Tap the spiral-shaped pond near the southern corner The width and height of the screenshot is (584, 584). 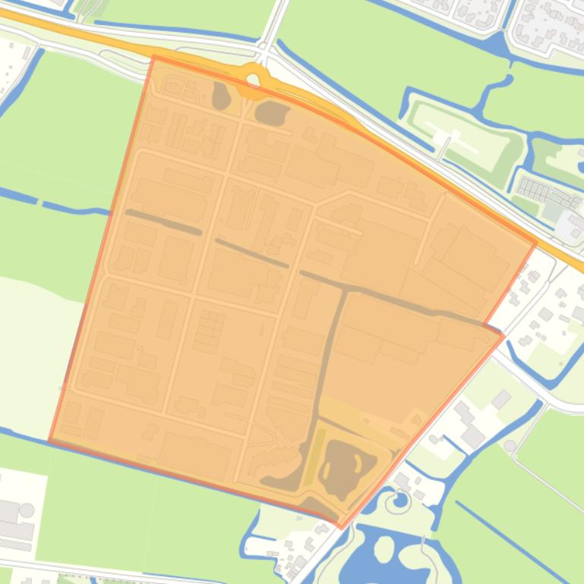click(x=396, y=501)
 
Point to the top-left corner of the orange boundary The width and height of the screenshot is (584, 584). click(x=153, y=57)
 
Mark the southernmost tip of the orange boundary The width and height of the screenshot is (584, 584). click(x=340, y=526)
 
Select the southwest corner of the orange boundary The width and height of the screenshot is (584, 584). click(x=50, y=441)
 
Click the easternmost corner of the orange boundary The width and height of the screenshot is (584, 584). click(x=536, y=243)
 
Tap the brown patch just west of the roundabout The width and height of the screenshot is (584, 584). click(x=221, y=96)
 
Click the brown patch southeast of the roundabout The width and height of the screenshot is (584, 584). click(x=272, y=114)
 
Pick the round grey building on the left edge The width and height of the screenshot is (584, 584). click(x=27, y=510)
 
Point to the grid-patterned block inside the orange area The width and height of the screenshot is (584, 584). click(x=210, y=331)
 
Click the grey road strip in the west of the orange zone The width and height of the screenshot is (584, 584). click(x=164, y=221)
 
